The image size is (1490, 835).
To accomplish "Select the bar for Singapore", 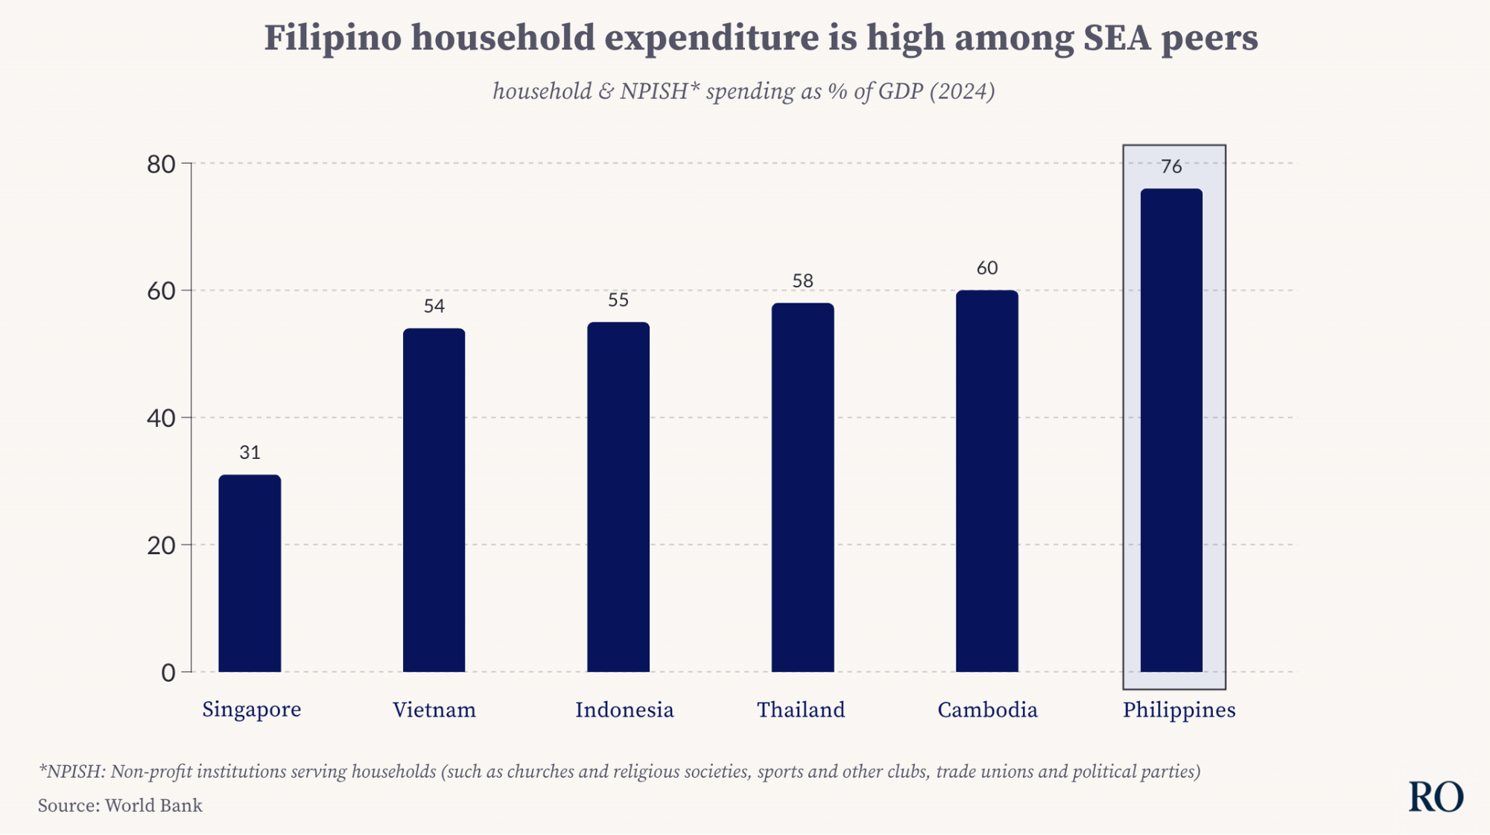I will click(250, 574).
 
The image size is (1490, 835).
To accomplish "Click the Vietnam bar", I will click(434, 501).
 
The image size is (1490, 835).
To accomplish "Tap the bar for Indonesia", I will click(618, 498).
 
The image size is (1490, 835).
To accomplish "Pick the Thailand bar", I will click(802, 488).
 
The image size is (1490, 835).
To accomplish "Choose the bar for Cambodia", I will click(987, 481).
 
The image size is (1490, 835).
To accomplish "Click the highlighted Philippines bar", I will click(1171, 431).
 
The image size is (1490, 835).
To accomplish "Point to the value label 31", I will click(250, 453).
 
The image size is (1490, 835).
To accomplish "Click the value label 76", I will click(1171, 167).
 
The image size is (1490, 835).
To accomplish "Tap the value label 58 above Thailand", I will click(802, 281).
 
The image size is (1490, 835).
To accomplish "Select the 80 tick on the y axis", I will click(161, 165).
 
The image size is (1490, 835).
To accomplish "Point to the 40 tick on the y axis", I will click(161, 419).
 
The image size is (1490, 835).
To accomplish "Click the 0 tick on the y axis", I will click(168, 673).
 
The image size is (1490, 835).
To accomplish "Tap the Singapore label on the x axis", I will click(252, 710).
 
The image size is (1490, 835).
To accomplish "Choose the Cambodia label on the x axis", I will click(987, 710).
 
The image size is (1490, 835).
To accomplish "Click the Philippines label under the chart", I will click(1179, 710).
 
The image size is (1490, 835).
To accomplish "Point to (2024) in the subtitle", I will click(962, 92).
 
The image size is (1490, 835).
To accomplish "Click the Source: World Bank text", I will click(120, 806).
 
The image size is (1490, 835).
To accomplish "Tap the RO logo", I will click(1436, 798).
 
